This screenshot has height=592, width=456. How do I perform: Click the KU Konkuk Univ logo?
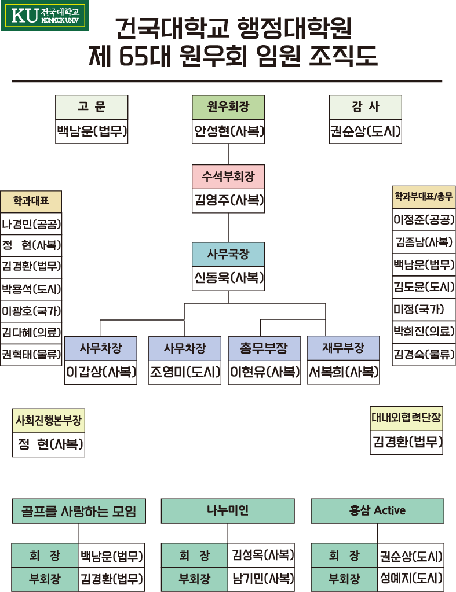45,16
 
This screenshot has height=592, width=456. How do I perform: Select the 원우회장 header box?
228,106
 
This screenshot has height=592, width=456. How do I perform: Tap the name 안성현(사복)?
228,132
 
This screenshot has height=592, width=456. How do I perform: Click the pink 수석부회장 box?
228,177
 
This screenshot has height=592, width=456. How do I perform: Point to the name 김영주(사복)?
228,201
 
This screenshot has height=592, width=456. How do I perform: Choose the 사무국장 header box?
228,254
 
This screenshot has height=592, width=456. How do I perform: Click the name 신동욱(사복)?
228,278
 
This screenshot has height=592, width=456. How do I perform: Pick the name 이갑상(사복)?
101,372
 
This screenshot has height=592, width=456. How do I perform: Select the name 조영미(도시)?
185,372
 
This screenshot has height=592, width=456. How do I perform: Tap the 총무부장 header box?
264,348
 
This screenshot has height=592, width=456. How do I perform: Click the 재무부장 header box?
343,348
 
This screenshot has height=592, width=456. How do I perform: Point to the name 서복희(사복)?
343,372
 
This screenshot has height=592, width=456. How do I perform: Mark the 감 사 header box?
365,106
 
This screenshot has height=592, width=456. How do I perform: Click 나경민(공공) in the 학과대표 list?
31,224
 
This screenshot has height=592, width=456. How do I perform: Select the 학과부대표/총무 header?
424,197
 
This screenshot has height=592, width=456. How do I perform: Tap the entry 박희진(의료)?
424,331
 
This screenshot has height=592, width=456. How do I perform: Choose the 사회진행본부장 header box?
49,420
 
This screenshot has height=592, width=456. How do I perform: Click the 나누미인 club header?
228,510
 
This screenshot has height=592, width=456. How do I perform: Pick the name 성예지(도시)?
411,578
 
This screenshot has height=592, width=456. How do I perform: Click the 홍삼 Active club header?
377,510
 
